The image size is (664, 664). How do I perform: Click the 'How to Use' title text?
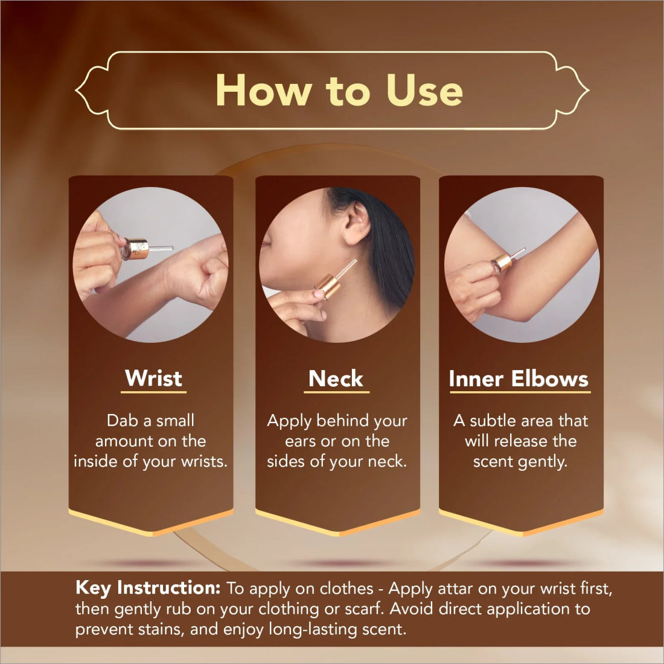pyautogui.click(x=339, y=90)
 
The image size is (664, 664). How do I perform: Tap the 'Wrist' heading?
pyautogui.click(x=153, y=378)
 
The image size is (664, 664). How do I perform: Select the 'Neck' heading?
pyautogui.click(x=336, y=378)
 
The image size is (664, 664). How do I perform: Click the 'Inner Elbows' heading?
pyautogui.click(x=519, y=378)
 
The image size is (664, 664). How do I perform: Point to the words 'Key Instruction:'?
pyautogui.click(x=148, y=588)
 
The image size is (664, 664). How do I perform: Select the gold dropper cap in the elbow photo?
pyautogui.click(x=503, y=263)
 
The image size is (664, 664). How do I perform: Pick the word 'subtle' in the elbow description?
pyautogui.click(x=493, y=421)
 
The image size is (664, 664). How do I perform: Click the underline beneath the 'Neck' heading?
pyautogui.click(x=337, y=392)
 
